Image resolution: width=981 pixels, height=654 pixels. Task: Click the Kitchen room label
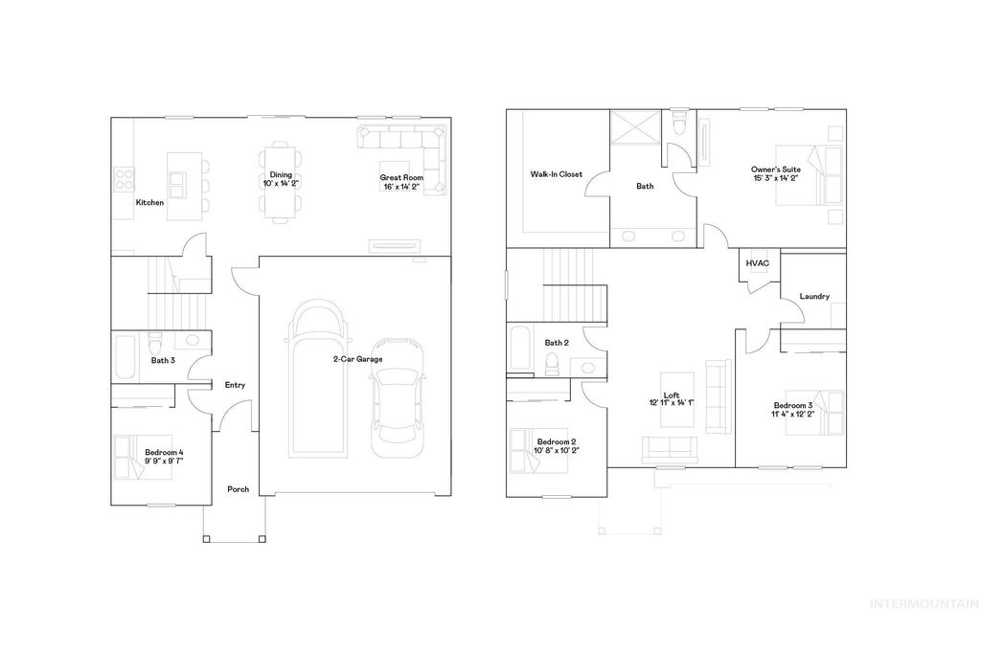149,203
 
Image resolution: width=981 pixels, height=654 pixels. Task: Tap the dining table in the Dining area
280,182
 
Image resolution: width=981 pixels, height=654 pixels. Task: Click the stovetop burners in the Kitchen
124,178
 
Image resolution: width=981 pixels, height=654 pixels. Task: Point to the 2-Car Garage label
357,359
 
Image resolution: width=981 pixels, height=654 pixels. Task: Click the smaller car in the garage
396,393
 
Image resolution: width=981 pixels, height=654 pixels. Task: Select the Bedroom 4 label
164,452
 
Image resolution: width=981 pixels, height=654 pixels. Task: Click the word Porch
238,489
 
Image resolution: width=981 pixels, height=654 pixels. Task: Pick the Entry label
235,385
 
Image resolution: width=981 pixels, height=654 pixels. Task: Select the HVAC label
758,263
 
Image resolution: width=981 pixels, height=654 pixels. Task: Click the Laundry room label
814,297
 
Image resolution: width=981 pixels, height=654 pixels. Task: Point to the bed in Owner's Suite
820,175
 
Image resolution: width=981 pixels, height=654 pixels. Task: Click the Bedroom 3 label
793,406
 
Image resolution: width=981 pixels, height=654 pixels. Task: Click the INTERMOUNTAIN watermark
923,603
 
